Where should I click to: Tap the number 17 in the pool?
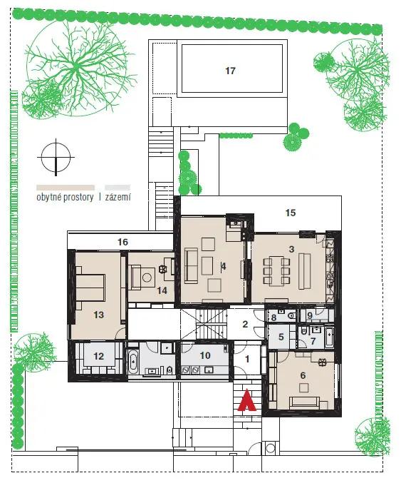[230, 71]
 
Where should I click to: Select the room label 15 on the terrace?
[291, 213]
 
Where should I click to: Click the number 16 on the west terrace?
[123, 242]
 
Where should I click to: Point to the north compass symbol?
[56, 158]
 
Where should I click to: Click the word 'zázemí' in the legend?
[118, 197]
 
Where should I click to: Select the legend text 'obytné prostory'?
[65, 197]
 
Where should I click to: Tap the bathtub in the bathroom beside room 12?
[133, 361]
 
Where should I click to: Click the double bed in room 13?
[90, 288]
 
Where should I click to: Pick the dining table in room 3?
[277, 271]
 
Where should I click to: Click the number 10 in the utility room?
[205, 355]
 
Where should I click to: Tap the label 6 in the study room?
[303, 375]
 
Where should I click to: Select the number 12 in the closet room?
[99, 356]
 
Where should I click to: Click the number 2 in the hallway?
[245, 324]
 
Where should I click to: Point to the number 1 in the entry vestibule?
[247, 359]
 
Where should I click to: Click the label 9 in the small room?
[310, 315]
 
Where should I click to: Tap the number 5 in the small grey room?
[281, 337]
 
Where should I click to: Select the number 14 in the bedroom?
[162, 290]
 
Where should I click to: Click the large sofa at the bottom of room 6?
[304, 402]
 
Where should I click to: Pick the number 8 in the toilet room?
[274, 317]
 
